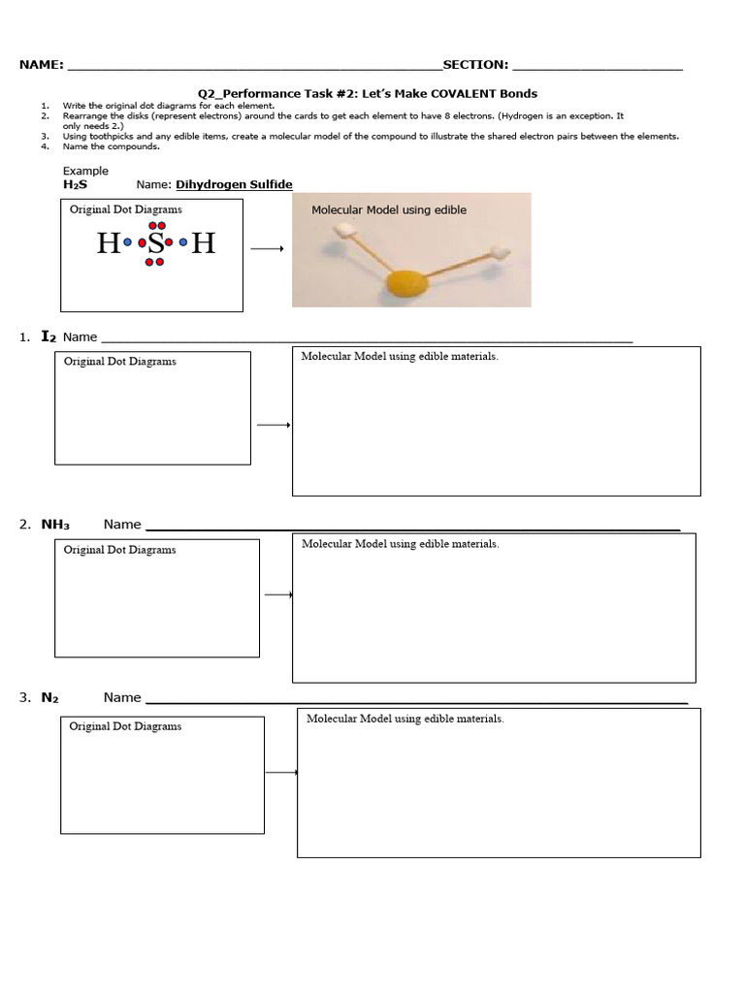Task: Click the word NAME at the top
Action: click(x=41, y=65)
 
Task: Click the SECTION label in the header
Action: click(x=474, y=65)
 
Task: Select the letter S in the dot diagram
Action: click(x=155, y=242)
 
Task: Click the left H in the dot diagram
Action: click(x=107, y=242)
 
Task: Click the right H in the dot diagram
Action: click(x=203, y=242)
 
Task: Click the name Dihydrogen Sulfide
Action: click(x=234, y=184)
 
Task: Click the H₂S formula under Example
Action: click(x=75, y=184)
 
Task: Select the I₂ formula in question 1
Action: click(x=49, y=336)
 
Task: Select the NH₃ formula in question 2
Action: click(x=55, y=525)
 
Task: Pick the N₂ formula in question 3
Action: click(x=50, y=697)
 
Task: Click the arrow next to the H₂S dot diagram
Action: click(x=267, y=249)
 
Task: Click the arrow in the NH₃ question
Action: click(x=277, y=594)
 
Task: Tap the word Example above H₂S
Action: click(x=85, y=171)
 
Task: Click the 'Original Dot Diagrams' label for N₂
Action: click(x=125, y=726)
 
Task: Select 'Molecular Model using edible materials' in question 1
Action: click(x=400, y=357)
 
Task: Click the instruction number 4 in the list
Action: click(x=45, y=147)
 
